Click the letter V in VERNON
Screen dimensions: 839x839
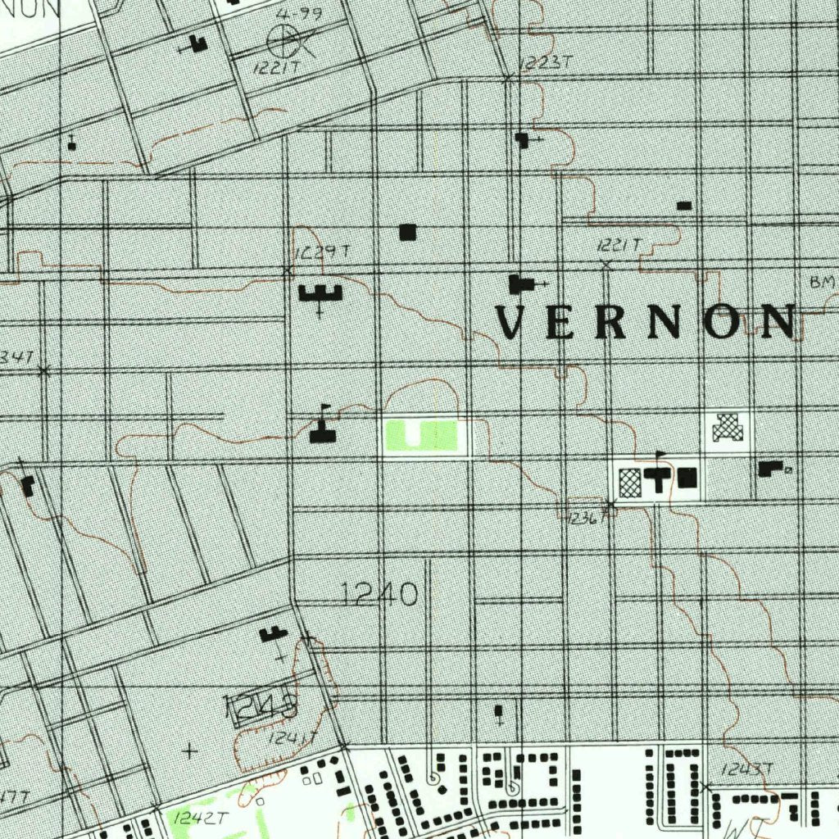tap(510, 322)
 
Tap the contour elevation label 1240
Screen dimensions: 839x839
tap(379, 594)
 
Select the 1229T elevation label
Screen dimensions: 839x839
tap(321, 252)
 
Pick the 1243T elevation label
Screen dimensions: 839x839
tap(746, 769)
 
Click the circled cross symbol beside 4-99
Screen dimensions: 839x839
tap(283, 39)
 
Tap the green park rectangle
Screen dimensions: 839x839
tap(420, 435)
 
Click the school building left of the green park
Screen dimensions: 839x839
tap(323, 430)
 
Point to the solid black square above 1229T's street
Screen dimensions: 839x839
tap(407, 233)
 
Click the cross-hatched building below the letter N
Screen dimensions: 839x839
tap(727, 428)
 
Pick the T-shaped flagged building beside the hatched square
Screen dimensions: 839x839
tap(658, 478)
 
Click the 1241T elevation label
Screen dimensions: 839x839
tap(292, 738)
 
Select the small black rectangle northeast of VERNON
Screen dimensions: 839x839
tap(684, 206)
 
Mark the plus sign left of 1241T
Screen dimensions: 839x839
tap(189, 750)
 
